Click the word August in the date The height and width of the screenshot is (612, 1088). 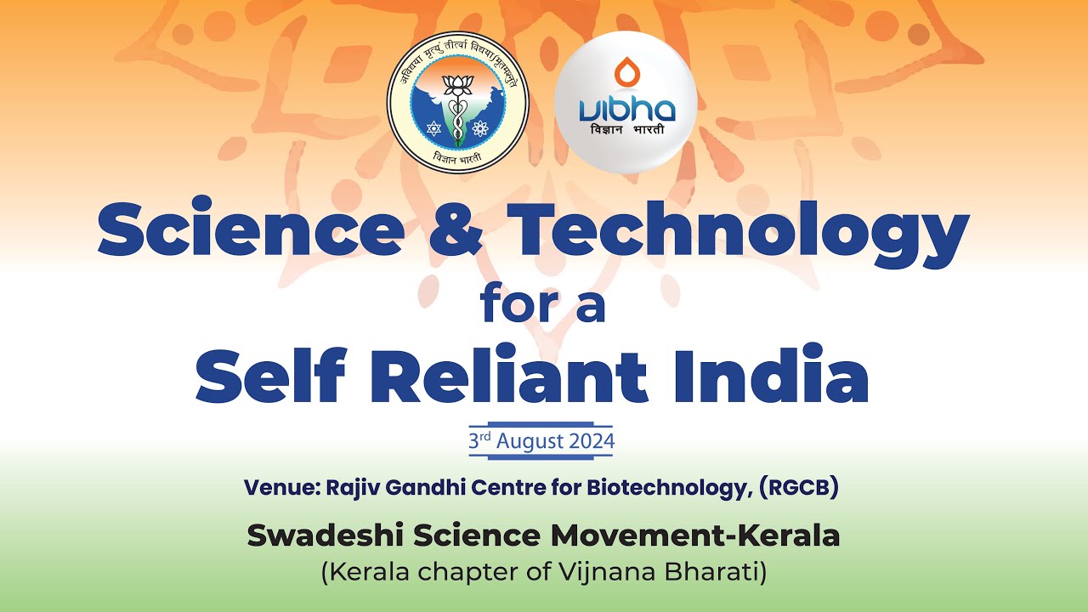pos(530,442)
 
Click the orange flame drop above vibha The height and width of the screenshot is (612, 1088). pos(626,73)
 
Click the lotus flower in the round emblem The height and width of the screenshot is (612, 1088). pos(458,83)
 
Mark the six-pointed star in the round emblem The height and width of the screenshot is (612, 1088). pos(433,129)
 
